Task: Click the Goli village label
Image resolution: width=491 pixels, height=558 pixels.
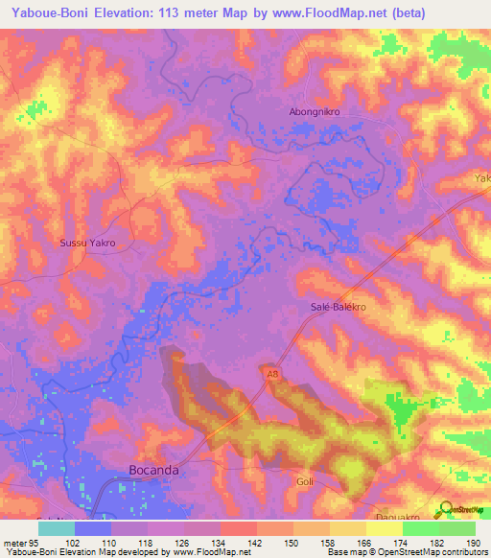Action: pos(306,480)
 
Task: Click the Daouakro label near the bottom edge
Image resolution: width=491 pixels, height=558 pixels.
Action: pos(395,515)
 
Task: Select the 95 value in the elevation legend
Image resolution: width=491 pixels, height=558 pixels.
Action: pos(34,543)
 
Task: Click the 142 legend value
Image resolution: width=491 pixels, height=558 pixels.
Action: pos(254,543)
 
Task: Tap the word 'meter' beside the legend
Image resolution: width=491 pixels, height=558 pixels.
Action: pos(14,543)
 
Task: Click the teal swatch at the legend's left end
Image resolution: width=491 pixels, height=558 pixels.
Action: pos(56,528)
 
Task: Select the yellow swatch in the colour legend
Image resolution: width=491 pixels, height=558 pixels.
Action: pos(384,528)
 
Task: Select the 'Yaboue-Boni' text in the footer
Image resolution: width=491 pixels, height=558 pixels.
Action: pos(29,552)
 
